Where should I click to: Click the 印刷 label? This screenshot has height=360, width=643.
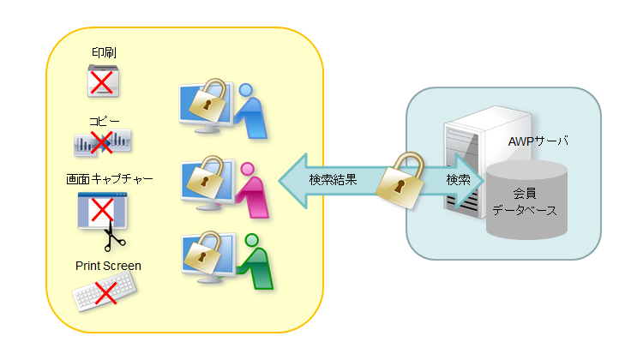pos(104,54)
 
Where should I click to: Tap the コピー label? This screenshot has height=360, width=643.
pos(104,122)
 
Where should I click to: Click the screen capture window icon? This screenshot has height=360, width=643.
pos(102,211)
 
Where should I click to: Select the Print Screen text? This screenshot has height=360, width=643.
pos(107,266)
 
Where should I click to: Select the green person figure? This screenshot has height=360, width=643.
pos(255,263)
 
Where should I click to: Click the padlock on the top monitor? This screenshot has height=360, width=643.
pos(207,100)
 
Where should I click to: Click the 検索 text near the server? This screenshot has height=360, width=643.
pos(458,181)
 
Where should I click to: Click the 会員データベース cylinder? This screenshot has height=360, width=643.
pos(527,201)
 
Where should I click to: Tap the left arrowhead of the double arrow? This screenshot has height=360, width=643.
pos(291,181)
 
